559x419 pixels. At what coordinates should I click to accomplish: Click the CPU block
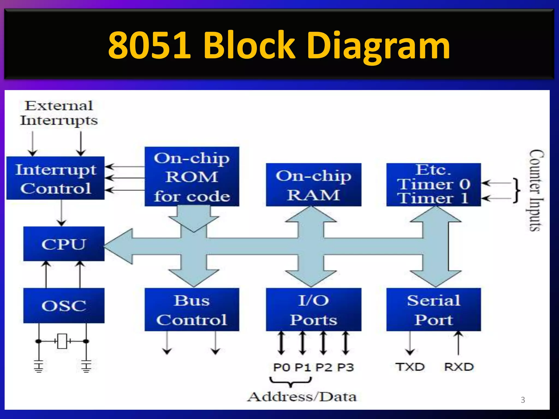[x=64, y=244]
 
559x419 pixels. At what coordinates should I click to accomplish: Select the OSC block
[x=64, y=305]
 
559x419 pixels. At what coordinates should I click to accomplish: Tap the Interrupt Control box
[x=55, y=178]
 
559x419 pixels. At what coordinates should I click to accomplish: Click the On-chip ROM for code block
[x=192, y=176]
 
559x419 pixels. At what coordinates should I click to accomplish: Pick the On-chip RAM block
[x=313, y=185]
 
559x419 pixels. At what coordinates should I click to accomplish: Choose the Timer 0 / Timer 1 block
[x=433, y=185]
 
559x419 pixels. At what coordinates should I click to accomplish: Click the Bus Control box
[x=192, y=310]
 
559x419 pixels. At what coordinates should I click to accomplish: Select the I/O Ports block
[x=313, y=310]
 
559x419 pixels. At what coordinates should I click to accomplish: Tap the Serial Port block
[x=433, y=310]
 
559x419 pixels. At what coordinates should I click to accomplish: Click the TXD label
[x=410, y=367]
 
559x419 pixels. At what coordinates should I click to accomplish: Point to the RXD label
[x=459, y=367]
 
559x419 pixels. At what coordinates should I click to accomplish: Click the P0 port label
[x=281, y=367]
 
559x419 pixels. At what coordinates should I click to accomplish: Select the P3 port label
[x=345, y=367]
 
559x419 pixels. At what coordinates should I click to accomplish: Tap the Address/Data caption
[x=302, y=397]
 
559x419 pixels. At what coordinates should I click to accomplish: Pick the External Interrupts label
[x=58, y=113]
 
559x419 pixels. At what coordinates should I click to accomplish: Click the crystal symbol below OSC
[x=62, y=341]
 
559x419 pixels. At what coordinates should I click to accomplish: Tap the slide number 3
[x=523, y=400]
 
